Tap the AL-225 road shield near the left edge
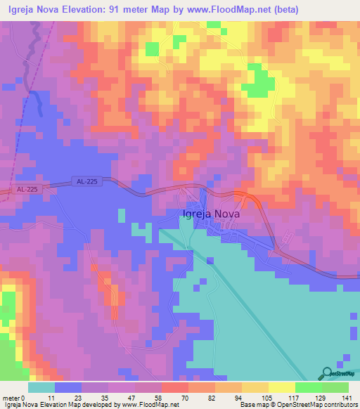[26, 190]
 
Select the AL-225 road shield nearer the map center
[87, 182]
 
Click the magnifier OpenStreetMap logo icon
[327, 373]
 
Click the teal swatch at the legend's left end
[41, 387]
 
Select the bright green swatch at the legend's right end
[335, 387]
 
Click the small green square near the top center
[153, 48]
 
